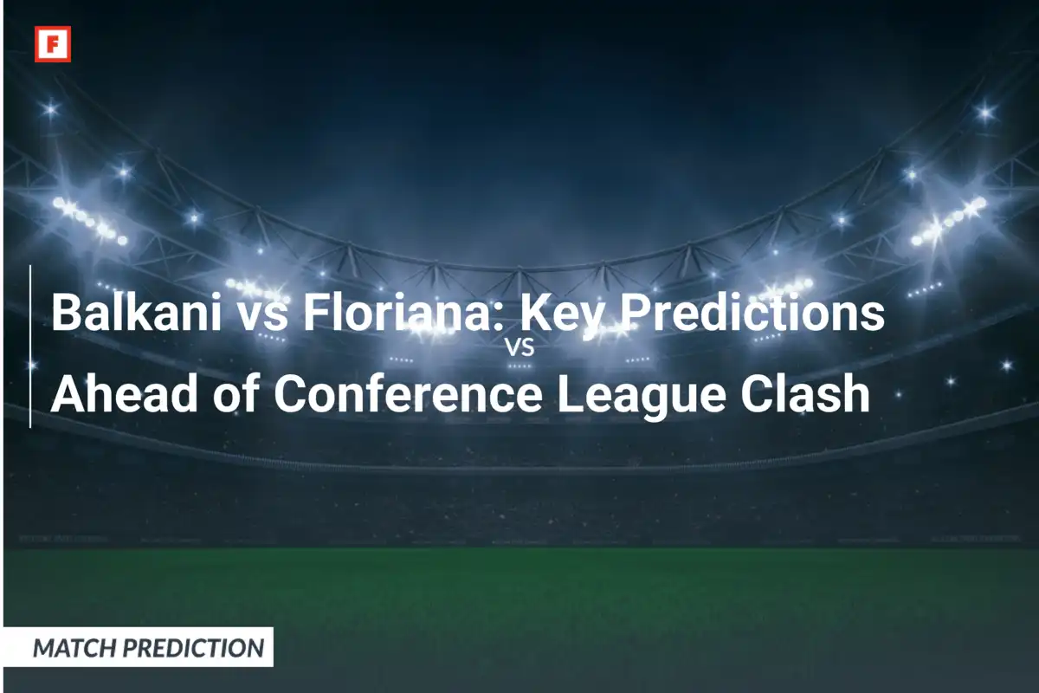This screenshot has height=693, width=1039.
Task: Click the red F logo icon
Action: (x=52, y=44)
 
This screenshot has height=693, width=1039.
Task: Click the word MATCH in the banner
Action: (x=74, y=647)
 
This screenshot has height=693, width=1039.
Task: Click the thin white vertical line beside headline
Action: (x=30, y=346)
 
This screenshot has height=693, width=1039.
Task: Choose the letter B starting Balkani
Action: (x=66, y=313)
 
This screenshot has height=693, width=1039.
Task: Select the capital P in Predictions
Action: (x=634, y=313)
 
